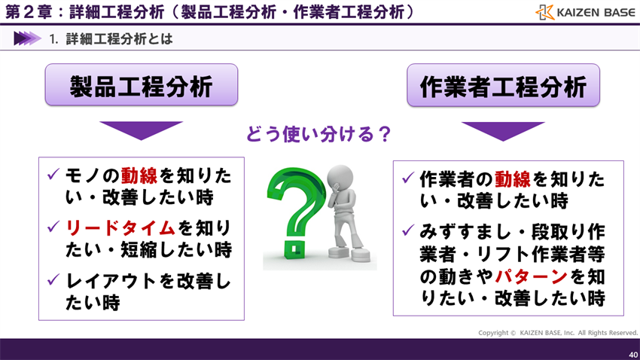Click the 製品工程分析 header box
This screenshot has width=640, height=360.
pos(141,85)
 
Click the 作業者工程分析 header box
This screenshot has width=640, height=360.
pos(503,85)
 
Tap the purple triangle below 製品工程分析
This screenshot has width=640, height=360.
pos(141,130)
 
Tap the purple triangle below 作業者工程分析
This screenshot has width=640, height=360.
pos(503,130)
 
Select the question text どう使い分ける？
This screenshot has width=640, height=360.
pos(319,135)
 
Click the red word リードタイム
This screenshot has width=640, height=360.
pos(120,227)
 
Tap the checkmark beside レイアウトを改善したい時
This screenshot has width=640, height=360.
pos(53,279)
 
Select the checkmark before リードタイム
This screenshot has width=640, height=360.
pos(53,226)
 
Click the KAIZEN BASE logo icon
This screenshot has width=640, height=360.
pos(544,12)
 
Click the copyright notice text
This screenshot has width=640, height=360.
pos(557,333)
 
